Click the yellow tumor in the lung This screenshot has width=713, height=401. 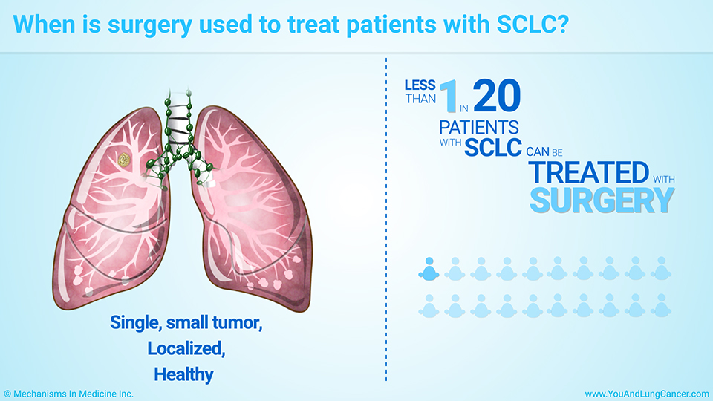124,160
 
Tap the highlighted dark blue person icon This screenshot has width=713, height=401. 429,269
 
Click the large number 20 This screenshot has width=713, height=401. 497,96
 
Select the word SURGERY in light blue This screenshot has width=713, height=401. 602,200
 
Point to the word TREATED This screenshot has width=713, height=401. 589,172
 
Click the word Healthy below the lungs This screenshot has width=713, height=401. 183,374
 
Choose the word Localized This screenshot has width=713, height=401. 186,348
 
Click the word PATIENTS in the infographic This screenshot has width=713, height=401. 479,127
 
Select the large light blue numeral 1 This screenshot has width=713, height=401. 449,96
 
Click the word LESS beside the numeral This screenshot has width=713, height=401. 420,85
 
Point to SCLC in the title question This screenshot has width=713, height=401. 533,24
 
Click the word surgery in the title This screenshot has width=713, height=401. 149,25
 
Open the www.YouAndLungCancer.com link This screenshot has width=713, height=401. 647,394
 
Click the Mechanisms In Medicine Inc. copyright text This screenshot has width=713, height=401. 68,394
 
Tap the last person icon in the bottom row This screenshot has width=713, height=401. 661,305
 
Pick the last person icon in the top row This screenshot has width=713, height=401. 661,269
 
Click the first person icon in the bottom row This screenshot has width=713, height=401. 429,305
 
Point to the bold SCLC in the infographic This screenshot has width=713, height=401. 493,147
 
